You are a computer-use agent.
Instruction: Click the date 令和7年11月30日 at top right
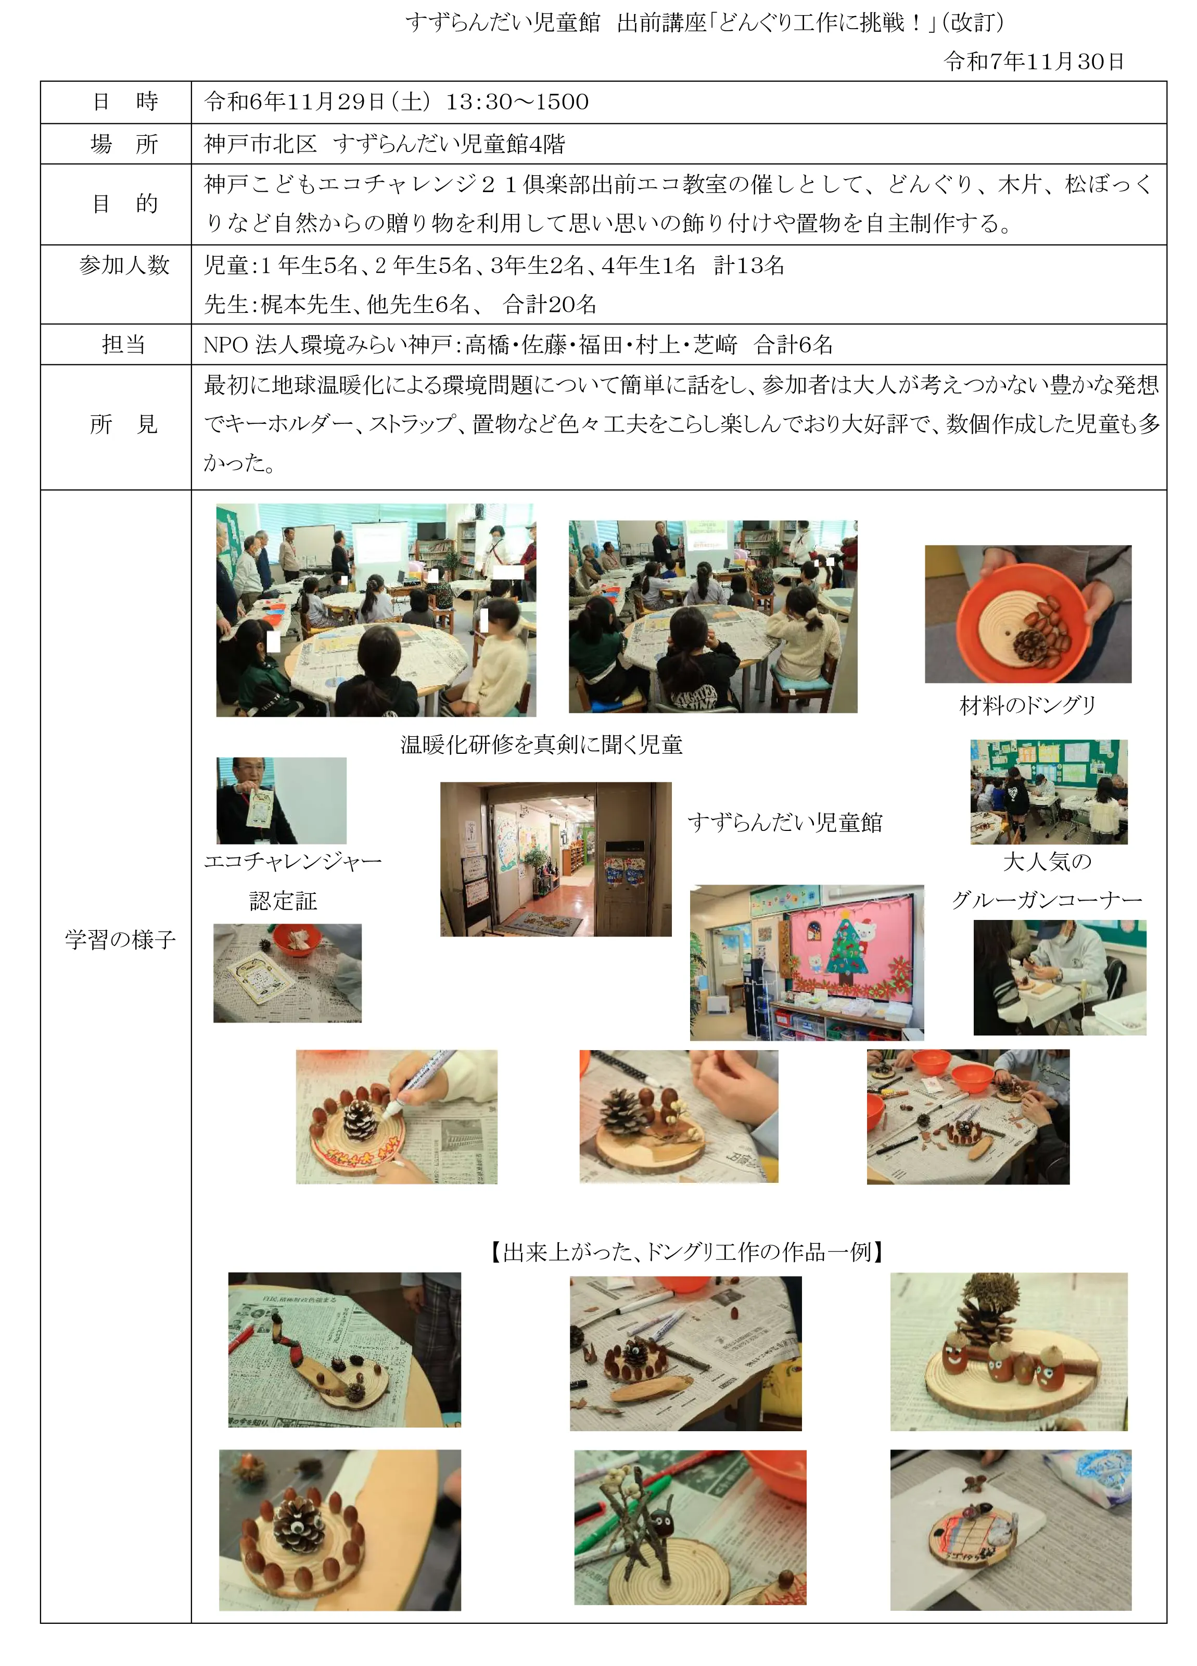coord(1033,62)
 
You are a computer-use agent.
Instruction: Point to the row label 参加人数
coord(124,265)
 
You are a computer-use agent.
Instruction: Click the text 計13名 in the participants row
coord(749,265)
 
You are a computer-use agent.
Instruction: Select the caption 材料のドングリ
coord(1027,705)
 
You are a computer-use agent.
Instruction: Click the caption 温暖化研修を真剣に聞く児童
coord(541,745)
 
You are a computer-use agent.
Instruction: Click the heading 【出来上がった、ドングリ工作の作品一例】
coord(686,1252)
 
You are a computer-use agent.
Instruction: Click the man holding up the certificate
coord(257,802)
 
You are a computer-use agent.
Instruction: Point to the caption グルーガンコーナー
coord(1047,900)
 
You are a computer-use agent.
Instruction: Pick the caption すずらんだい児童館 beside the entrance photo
coord(785,823)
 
